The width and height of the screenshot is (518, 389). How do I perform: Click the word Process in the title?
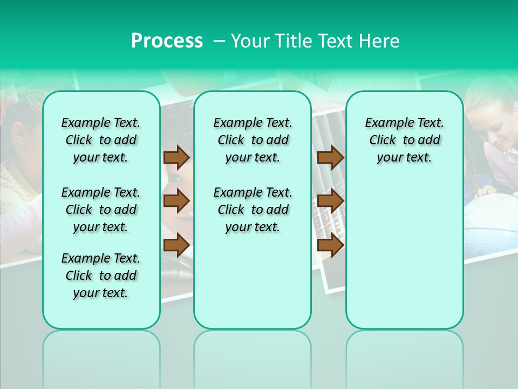point(167,41)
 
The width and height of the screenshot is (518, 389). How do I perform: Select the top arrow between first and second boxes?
point(176,157)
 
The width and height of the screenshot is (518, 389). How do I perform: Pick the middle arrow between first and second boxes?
point(176,201)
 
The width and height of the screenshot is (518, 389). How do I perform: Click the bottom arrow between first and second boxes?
point(176,245)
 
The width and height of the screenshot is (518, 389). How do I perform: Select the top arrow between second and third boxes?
point(330,157)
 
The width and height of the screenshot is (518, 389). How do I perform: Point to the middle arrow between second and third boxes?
point(330,201)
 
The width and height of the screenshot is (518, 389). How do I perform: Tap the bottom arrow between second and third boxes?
point(330,245)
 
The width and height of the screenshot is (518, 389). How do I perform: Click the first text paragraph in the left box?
point(101,140)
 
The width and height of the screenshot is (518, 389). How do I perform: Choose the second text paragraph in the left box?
point(101,210)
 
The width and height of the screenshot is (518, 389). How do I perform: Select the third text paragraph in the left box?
point(101,276)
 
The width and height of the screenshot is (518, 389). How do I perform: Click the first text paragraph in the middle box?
point(253,140)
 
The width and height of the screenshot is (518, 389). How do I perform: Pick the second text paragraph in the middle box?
point(253,210)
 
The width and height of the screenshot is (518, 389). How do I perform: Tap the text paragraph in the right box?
point(404,140)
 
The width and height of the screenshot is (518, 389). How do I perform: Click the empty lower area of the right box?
point(404,259)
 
